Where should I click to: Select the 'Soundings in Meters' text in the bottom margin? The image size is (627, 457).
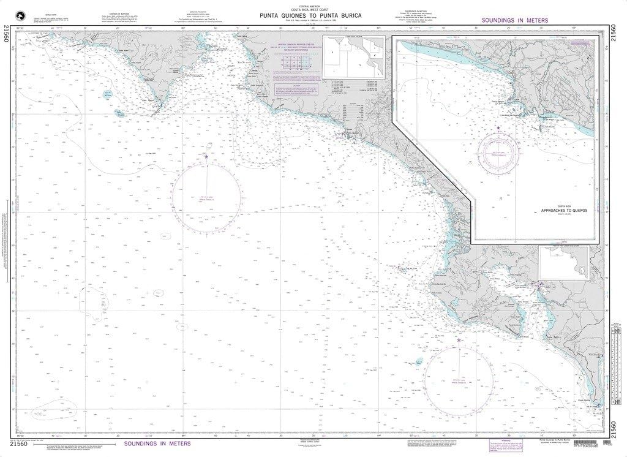157,443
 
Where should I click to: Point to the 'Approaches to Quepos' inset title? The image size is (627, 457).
563,210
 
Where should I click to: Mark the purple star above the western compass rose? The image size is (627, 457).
206,157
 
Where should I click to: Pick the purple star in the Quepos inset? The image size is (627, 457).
499,127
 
